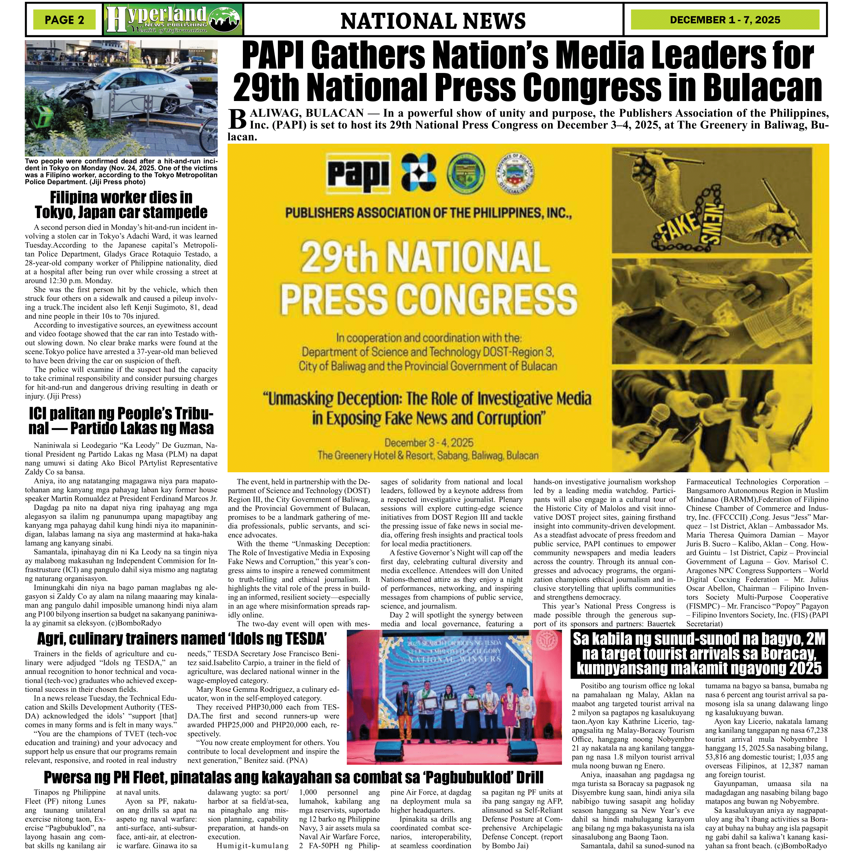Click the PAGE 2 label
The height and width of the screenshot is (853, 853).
pyautogui.click(x=65, y=20)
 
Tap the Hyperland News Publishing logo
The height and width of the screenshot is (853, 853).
pyautogui.click(x=173, y=20)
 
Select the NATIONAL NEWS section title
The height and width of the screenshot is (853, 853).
pyautogui.click(x=433, y=21)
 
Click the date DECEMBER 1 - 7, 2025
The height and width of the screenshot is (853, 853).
pyautogui.click(x=725, y=20)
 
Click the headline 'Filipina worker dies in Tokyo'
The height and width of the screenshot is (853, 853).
pyautogui.click(x=121, y=205)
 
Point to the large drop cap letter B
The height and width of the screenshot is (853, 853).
pyautogui.click(x=237, y=120)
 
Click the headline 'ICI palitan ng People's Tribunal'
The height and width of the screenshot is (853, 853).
pyautogui.click(x=121, y=421)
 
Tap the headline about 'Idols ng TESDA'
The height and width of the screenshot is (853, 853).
pyautogui.click(x=182, y=639)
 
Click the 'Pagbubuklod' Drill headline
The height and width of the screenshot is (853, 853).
pyautogui.click(x=293, y=777)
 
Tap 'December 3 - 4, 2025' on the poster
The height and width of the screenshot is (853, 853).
pyautogui.click(x=429, y=443)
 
